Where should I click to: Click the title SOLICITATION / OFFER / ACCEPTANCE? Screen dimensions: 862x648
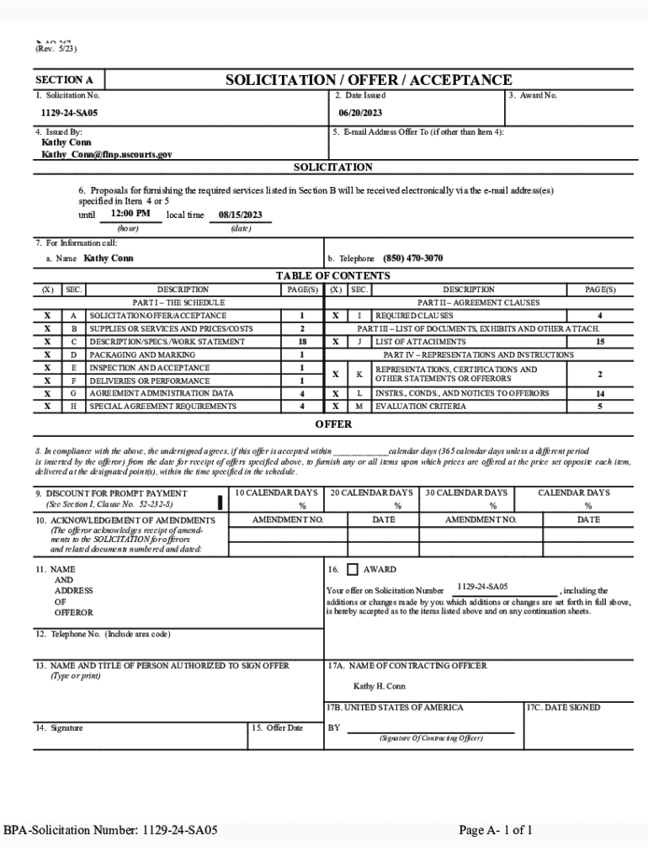(x=368, y=80)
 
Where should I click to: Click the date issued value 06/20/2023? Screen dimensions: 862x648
(x=360, y=113)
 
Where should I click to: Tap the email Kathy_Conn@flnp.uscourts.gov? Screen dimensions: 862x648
(x=107, y=155)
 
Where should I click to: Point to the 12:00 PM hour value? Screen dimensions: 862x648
(x=130, y=214)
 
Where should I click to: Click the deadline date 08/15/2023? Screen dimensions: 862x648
(x=241, y=215)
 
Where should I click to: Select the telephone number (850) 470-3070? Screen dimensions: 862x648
(x=412, y=258)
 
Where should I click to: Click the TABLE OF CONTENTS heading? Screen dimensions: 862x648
(x=332, y=276)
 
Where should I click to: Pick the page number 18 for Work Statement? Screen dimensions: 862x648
(x=301, y=342)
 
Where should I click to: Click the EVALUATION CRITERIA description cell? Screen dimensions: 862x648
(x=420, y=407)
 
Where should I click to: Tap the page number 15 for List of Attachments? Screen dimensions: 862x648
(x=600, y=342)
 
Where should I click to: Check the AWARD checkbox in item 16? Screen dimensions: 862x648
(x=353, y=570)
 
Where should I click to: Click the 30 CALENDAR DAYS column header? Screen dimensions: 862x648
(x=466, y=492)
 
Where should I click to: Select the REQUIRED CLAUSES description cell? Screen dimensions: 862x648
(x=414, y=316)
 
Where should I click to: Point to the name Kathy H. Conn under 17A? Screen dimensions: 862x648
(x=379, y=686)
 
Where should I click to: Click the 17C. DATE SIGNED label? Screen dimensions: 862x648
(x=563, y=708)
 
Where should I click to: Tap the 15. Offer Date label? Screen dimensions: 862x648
(x=277, y=727)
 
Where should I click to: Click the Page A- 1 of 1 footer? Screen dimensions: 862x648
(x=495, y=831)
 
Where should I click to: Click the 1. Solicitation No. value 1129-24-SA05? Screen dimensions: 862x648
(x=70, y=113)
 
